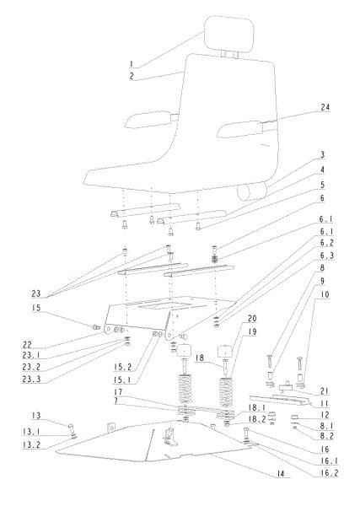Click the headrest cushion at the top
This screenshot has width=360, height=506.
pyautogui.click(x=229, y=34)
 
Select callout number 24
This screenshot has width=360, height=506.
pyautogui.click(x=325, y=107)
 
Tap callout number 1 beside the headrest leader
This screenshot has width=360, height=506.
pyautogui.click(x=131, y=64)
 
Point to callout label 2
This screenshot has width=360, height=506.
pyautogui.click(x=132, y=76)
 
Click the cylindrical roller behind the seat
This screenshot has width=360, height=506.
pyautogui.click(x=253, y=191)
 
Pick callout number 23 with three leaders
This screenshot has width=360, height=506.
pyautogui.click(x=35, y=293)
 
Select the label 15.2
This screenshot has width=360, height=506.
pyautogui.click(x=122, y=367)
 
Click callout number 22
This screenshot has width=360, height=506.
pyautogui.click(x=27, y=345)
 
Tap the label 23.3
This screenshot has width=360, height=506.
pyautogui.click(x=31, y=379)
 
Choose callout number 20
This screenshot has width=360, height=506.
pyautogui.click(x=252, y=319)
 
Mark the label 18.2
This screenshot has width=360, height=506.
pyautogui.click(x=257, y=419)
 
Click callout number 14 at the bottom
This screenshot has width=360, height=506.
pyautogui.click(x=280, y=474)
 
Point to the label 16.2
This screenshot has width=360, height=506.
pyautogui.click(x=329, y=473)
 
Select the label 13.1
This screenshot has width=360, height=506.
pyautogui.click(x=31, y=431)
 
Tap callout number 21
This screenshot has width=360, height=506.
pyautogui.click(x=325, y=391)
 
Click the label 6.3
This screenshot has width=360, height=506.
pyautogui.click(x=326, y=256)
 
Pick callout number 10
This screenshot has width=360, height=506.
pyautogui.click(x=325, y=294)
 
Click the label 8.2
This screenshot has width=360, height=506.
pyautogui.click(x=326, y=436)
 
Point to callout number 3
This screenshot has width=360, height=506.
pyautogui.click(x=322, y=155)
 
